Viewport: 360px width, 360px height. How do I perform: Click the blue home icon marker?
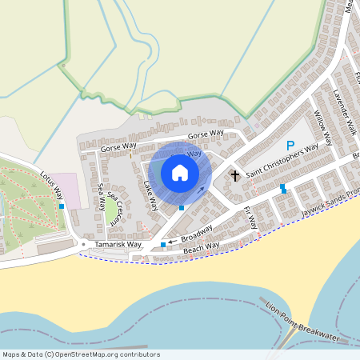[x=180, y=173]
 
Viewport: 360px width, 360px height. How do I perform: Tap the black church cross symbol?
[x=235, y=174]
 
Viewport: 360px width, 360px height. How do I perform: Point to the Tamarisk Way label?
[x=118, y=244]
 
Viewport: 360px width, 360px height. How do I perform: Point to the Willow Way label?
[x=322, y=127]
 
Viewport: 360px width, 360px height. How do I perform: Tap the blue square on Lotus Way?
[x=62, y=206]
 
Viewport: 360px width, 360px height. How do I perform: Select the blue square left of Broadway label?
[x=163, y=244]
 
